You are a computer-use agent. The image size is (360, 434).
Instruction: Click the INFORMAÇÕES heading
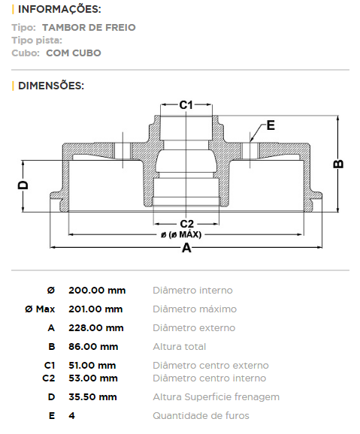pyautogui.click(x=59, y=9)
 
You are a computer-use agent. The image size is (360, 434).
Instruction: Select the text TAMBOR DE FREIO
pyautogui.click(x=89, y=27)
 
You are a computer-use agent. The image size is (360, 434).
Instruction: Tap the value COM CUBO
pyautogui.click(x=74, y=53)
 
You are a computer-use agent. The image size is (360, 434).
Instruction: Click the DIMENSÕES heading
pyautogui.click(x=51, y=86)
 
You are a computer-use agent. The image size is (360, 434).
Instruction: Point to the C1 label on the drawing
pyautogui.click(x=186, y=105)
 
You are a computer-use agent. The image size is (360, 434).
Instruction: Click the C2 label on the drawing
pyautogui.click(x=187, y=224)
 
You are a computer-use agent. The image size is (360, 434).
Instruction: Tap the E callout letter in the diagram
pyautogui.click(x=271, y=125)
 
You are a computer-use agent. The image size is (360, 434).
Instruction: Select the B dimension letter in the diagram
pyautogui.click(x=338, y=164)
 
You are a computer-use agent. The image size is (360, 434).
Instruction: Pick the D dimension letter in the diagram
pyautogui.click(x=23, y=185)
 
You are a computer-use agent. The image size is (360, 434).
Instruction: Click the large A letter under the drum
pyautogui.click(x=186, y=248)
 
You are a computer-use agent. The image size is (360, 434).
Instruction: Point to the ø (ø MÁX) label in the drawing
pyautogui.click(x=181, y=235)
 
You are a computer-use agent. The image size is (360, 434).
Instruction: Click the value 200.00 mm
pyautogui.click(x=97, y=291)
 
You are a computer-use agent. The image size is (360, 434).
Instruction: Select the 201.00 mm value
pyautogui.click(x=95, y=309)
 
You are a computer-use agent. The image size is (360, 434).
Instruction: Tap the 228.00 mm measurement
pyautogui.click(x=96, y=328)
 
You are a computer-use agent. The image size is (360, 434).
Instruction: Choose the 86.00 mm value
pyautogui.click(x=93, y=347)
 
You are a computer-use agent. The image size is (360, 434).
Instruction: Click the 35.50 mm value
pyautogui.click(x=92, y=397)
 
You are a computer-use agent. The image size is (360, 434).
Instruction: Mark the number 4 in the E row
pyautogui.click(x=72, y=416)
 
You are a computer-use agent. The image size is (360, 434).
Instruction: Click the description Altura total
pyautogui.click(x=180, y=347)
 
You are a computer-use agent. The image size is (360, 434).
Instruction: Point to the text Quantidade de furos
pyautogui.click(x=201, y=416)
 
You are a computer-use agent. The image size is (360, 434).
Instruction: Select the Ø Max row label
pyautogui.click(x=40, y=309)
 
